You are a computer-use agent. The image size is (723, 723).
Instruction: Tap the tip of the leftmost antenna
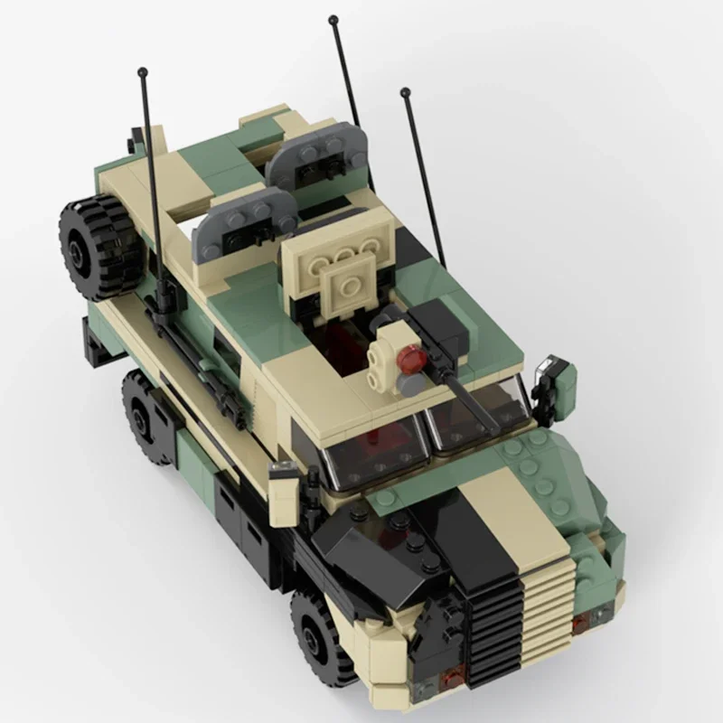[x=142, y=70]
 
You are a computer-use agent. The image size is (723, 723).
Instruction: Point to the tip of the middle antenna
[x=333, y=19]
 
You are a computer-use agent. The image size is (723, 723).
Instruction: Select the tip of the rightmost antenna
[x=405, y=91]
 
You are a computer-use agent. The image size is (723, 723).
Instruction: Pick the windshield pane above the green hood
[x=478, y=412]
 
